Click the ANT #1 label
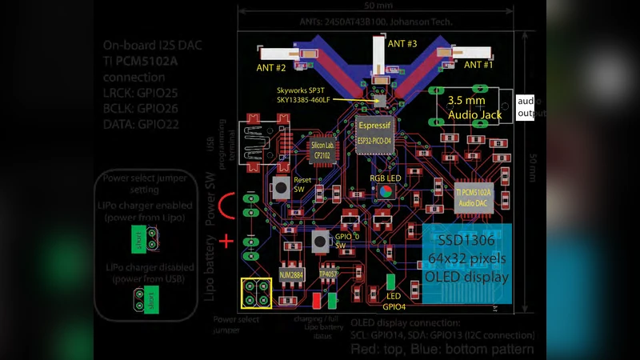click(x=478, y=64)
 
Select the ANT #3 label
click(x=402, y=44)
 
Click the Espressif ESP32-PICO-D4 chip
click(x=374, y=134)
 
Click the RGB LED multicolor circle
click(x=385, y=191)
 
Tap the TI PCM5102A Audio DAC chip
click(x=472, y=198)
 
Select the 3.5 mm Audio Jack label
click(x=474, y=108)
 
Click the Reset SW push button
click(x=282, y=188)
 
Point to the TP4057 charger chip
click(x=329, y=274)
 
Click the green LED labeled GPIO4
click(x=390, y=282)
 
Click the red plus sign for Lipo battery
click(x=227, y=240)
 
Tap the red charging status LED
click(x=317, y=301)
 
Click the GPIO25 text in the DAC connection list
click(x=158, y=93)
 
